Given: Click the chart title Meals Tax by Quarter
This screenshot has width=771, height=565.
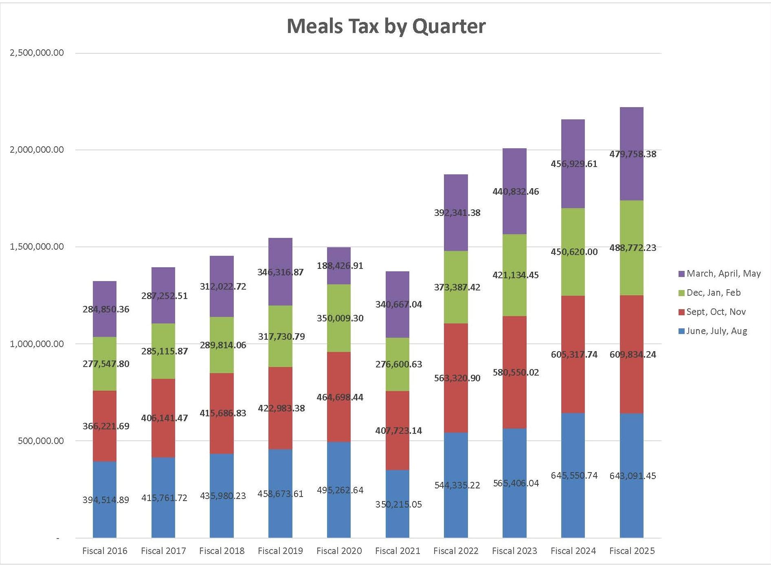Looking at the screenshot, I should point(386,26).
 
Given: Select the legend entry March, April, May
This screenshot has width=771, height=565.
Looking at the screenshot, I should point(723,273).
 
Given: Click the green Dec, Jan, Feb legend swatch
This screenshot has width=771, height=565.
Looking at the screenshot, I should point(681,293).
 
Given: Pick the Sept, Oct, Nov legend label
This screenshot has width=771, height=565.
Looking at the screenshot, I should point(716,312).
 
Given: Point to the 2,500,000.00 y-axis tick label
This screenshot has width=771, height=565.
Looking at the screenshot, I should point(37,53).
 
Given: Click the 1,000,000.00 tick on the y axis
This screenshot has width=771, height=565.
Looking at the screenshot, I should point(37,344).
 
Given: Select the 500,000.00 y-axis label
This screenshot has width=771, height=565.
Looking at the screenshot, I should point(41,441).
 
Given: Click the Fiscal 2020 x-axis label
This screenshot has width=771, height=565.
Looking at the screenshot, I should point(339,551).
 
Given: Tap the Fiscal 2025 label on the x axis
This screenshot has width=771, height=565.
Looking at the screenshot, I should point(632,551).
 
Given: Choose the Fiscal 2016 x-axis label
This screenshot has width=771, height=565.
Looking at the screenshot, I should point(105,551).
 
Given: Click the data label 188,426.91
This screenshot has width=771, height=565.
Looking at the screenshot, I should point(340,266).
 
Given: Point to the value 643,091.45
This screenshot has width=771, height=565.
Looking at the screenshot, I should point(633,476).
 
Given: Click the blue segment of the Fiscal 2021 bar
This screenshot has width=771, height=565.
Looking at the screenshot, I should point(397,521).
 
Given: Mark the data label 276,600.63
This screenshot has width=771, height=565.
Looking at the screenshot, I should point(398,364).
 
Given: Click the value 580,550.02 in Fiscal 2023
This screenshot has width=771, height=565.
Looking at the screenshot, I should point(515,372).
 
